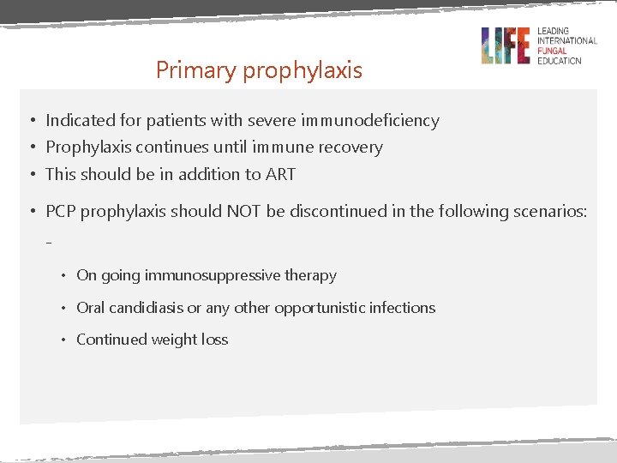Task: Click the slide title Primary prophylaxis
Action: [259, 70]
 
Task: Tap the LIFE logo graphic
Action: [505, 45]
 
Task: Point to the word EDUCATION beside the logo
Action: [560, 61]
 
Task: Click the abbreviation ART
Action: [280, 174]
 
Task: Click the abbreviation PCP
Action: [63, 211]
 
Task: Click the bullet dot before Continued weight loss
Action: [63, 340]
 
